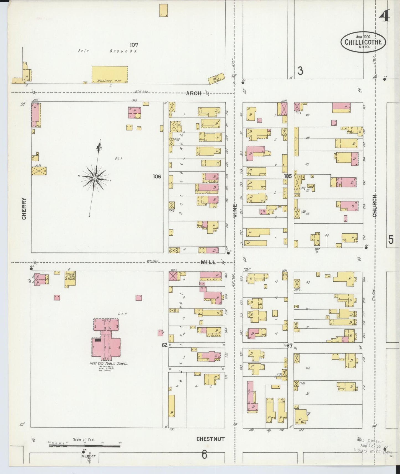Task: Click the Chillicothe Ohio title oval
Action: pyautogui.click(x=363, y=42)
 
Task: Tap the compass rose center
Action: pyautogui.click(x=95, y=178)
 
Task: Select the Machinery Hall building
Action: pyautogui.click(x=110, y=74)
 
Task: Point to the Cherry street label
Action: pyautogui.click(x=24, y=208)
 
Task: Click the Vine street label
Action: pyautogui.click(x=235, y=210)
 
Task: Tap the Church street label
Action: pyautogui.click(x=375, y=206)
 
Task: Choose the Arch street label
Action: pyautogui.click(x=193, y=93)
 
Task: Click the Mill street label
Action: pyautogui.click(x=208, y=262)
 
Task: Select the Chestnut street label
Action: pyautogui.click(x=210, y=439)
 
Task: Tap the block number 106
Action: pyautogui.click(x=157, y=176)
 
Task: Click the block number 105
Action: pyautogui.click(x=288, y=176)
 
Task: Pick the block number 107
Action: pyautogui.click(x=134, y=45)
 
